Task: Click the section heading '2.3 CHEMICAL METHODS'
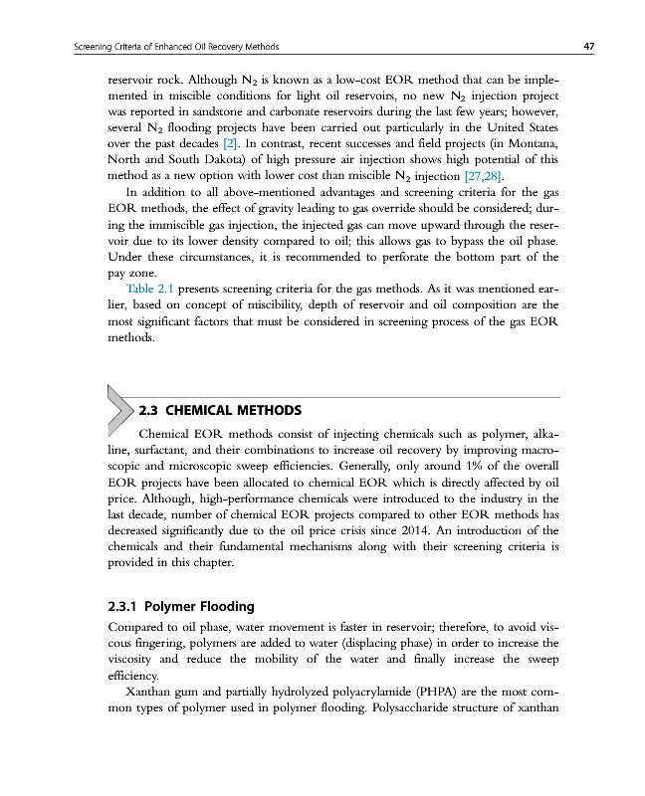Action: [x=219, y=410]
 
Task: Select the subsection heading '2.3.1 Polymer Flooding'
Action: [x=180, y=606]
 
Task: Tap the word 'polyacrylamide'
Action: [x=356, y=692]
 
